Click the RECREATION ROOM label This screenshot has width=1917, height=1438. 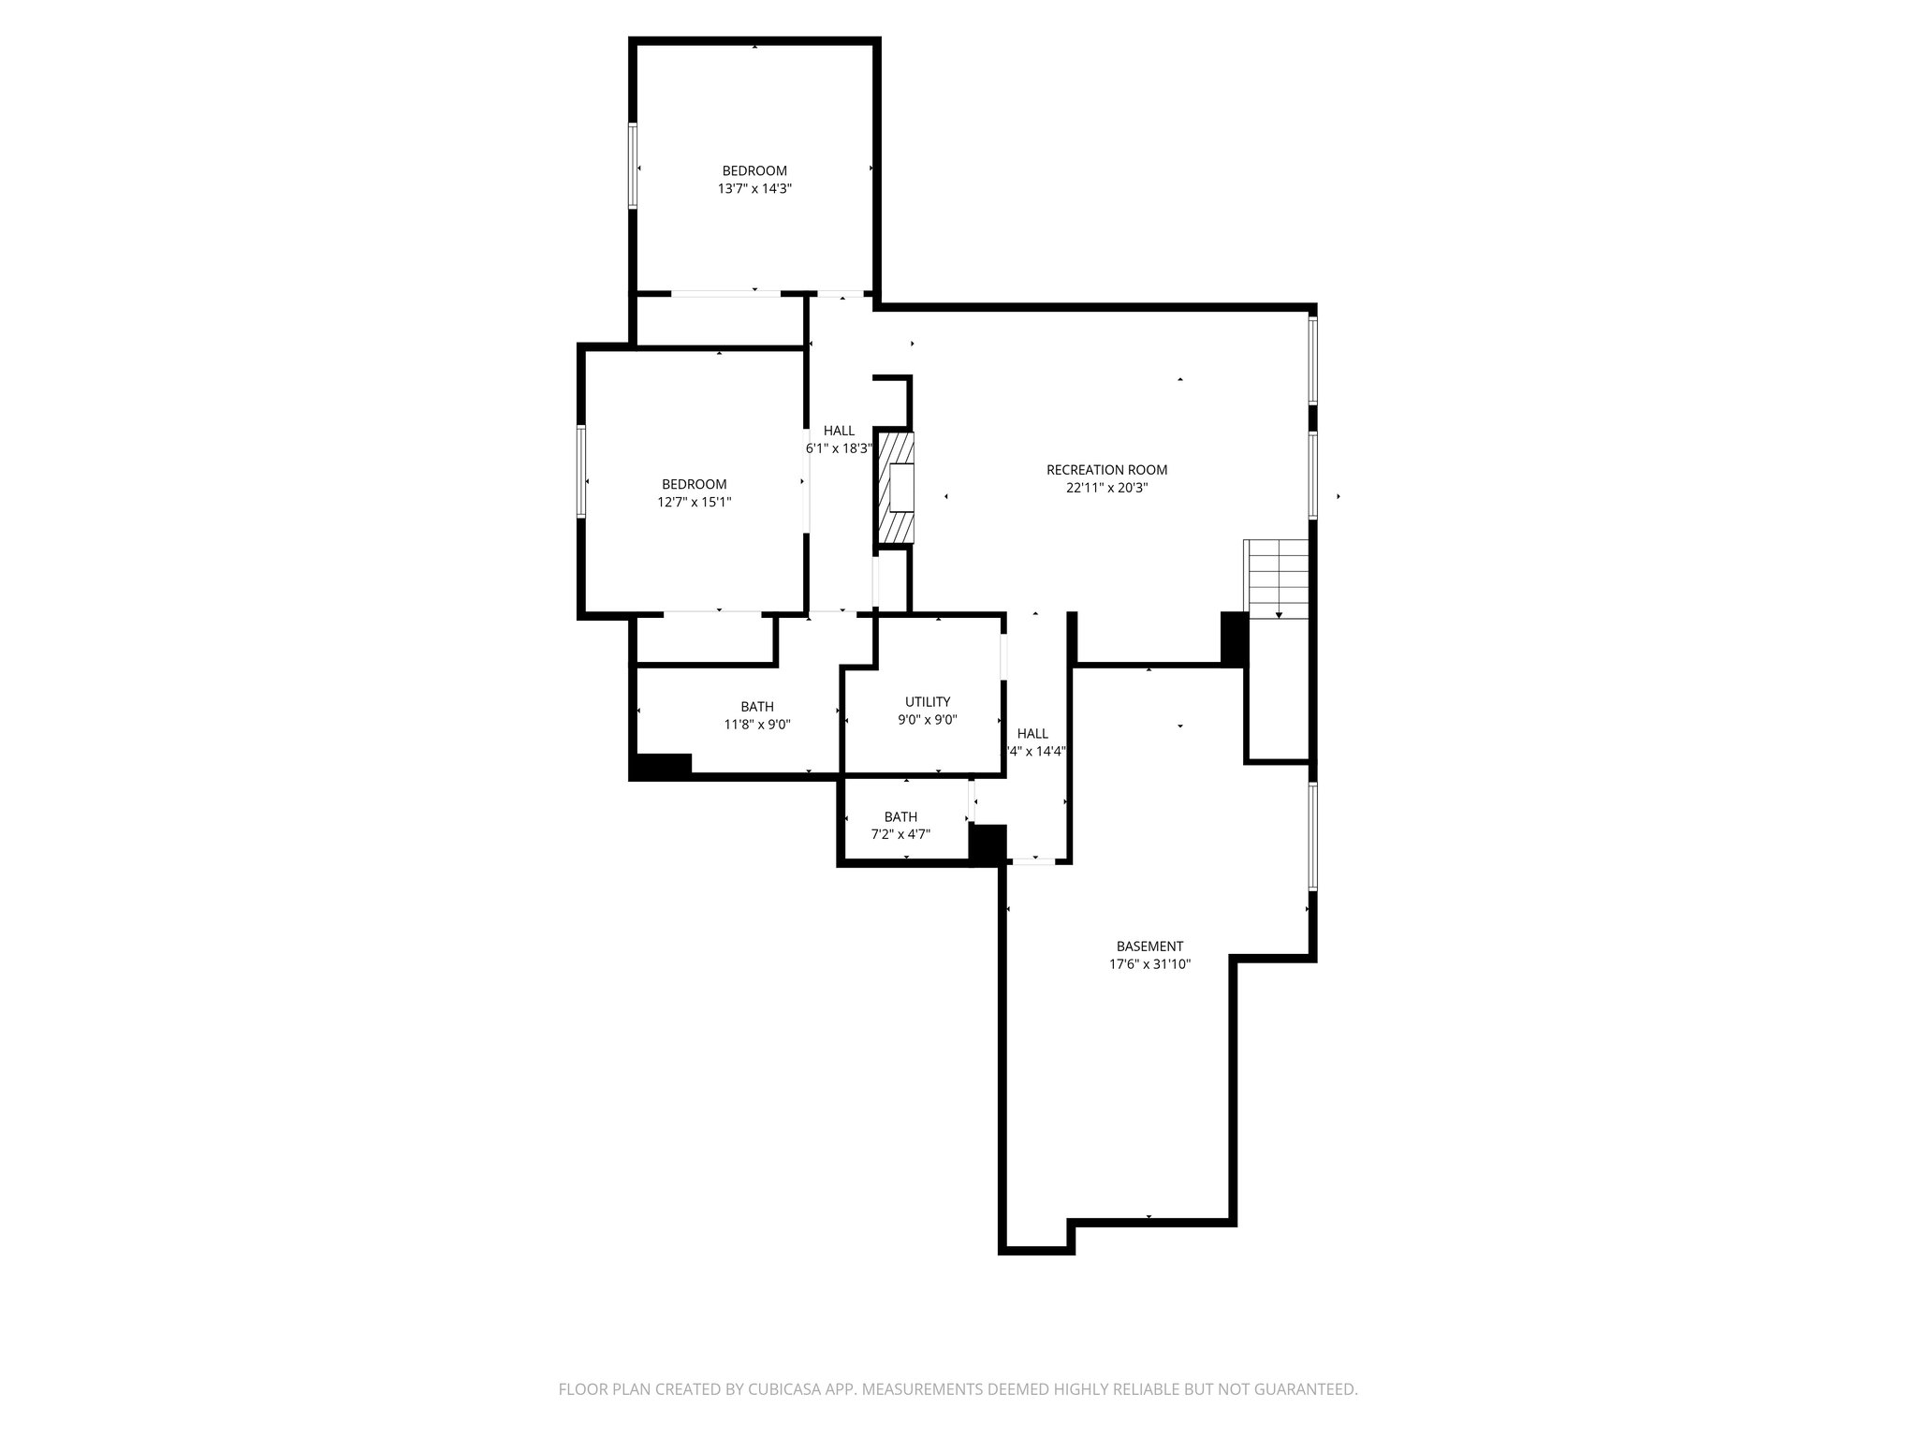pos(1106,470)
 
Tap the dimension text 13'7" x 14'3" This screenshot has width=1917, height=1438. pos(754,188)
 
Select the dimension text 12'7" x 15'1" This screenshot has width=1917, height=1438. pos(694,502)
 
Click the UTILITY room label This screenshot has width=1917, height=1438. pos(927,701)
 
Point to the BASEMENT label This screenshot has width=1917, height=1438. pos(1149,946)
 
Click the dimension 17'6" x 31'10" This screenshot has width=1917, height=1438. pos(1149,963)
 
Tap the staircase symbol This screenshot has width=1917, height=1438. pos(1277,579)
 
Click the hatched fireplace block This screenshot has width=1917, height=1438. pos(896,486)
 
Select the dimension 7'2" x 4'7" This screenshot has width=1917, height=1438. pos(900,834)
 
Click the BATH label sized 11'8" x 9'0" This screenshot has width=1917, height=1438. pos(756,706)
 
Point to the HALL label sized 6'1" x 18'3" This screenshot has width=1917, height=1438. pos(839,431)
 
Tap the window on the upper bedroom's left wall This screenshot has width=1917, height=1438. pos(633,166)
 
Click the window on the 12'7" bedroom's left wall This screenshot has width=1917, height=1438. pos(581,471)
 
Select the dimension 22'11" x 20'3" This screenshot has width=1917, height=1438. pos(1106,488)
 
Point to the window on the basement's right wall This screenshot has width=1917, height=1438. pos(1312,836)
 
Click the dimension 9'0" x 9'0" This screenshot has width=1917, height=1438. pos(927,719)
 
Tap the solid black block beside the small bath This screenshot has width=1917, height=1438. pos(987,844)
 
